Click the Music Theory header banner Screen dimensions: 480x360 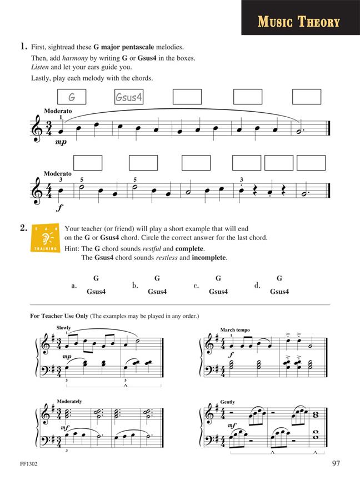pos(299,22)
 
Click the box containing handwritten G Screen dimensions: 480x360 pos(72,97)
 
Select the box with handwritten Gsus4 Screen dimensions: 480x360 pos(129,97)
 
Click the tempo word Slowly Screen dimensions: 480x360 pos(63,328)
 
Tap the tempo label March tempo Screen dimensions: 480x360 pos(234,329)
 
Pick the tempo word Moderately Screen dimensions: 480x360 pos(69,401)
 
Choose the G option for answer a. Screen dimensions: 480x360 pos(96,278)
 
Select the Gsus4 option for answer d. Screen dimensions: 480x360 pos(279,292)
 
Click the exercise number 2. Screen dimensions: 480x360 pos(23,227)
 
